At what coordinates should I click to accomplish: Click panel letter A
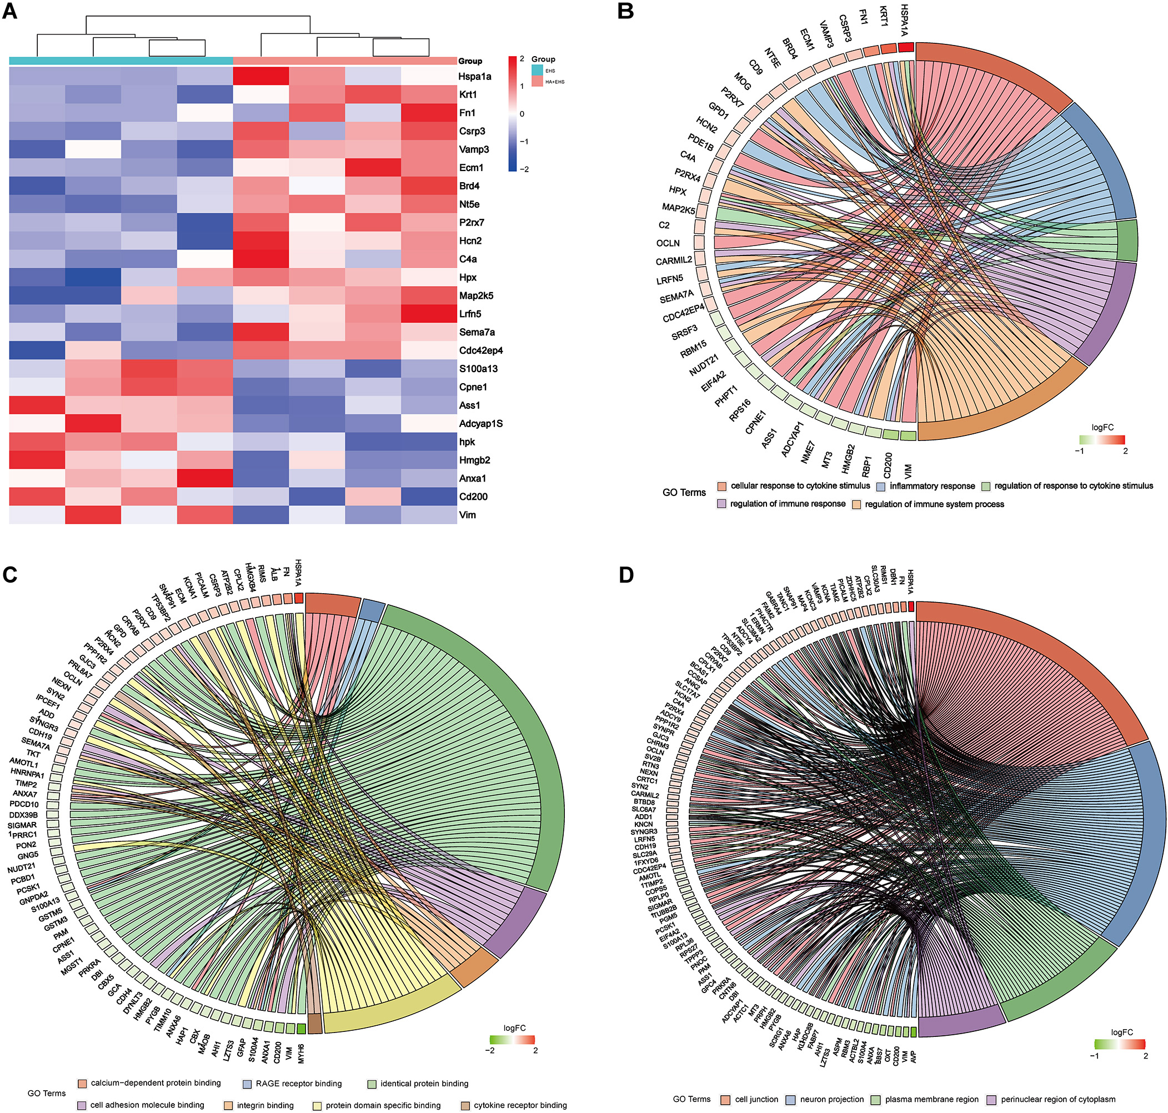tap(10, 11)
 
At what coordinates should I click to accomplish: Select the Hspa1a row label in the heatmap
tap(474, 77)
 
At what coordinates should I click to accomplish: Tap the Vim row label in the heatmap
tap(468, 515)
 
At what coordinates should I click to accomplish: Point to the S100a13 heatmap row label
tap(478, 368)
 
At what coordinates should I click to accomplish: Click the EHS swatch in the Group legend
tap(537, 71)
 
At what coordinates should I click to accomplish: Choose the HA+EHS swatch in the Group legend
tap(537, 81)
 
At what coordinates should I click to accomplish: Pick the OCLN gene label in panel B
tap(668, 243)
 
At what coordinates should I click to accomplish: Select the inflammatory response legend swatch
tap(881, 487)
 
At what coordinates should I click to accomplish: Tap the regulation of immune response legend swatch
tap(721, 504)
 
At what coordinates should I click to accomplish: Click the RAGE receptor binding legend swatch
tap(247, 1084)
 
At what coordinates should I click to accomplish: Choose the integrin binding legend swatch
tap(228, 1105)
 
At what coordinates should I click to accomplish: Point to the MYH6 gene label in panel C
tap(301, 1051)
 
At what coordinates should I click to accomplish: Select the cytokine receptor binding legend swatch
tap(465, 1105)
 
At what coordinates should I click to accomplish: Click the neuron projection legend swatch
tap(791, 1099)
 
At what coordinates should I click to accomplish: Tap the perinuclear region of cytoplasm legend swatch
tap(991, 1099)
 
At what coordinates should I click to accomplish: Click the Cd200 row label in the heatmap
tap(473, 497)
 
